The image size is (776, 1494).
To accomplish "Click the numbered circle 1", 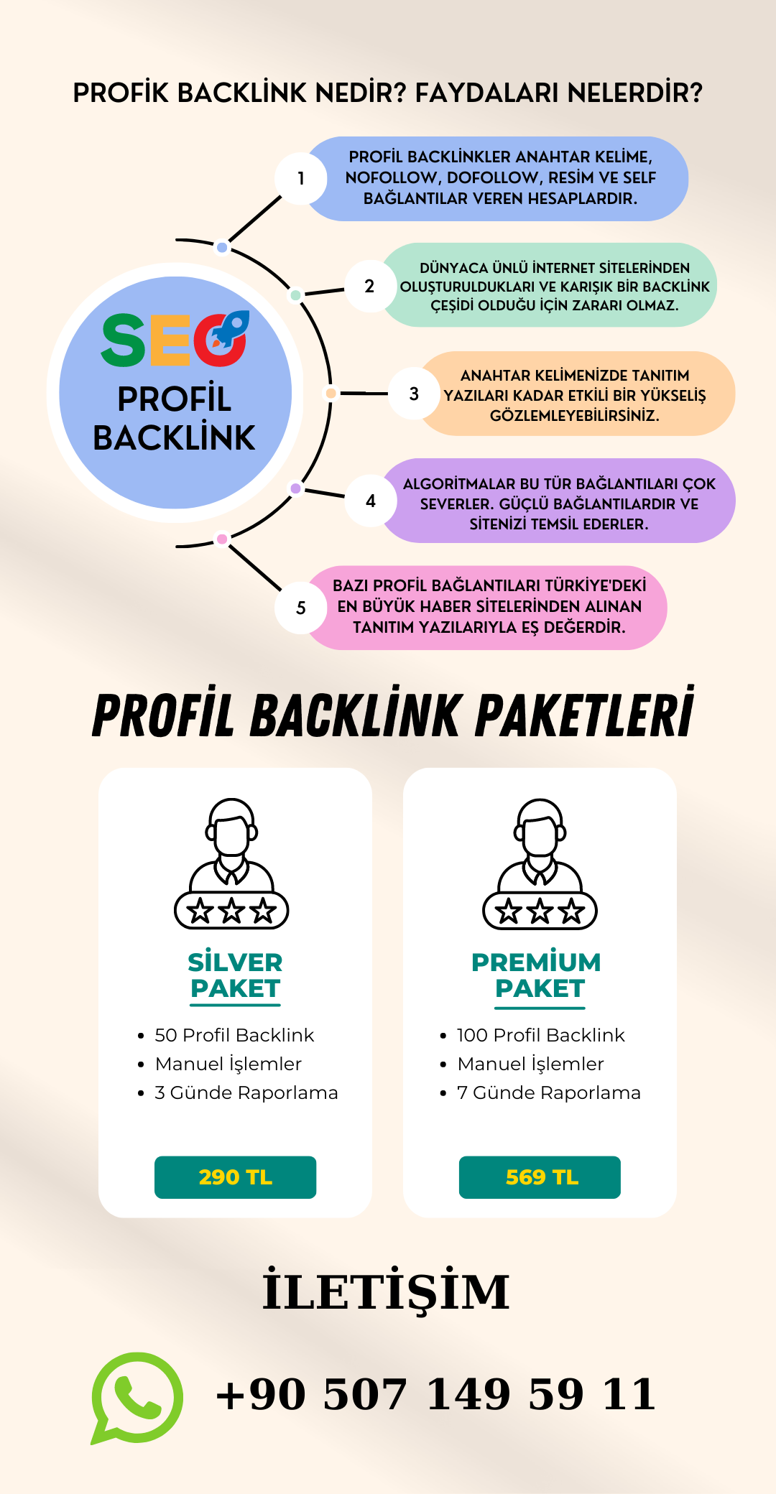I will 301,178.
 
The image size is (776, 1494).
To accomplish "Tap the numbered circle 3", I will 414,394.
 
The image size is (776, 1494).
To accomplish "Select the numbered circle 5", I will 301,608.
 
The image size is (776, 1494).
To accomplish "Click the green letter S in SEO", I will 124,340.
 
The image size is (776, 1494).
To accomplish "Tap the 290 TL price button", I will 235,1177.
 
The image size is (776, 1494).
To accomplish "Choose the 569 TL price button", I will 540,1177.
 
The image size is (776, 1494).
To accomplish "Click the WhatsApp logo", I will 137,1397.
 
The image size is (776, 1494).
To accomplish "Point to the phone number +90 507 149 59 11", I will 436,1395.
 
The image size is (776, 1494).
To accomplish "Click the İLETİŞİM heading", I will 386,1292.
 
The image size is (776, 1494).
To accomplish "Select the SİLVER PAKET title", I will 235,975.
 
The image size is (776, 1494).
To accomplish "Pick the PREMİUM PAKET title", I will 537,975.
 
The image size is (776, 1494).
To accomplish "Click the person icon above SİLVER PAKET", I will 231,862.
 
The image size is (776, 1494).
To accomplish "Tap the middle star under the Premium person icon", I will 540,911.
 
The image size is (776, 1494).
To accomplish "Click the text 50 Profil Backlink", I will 234,1035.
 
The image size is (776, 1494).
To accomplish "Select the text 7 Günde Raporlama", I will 549,1092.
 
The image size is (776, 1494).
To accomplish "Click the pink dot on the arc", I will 222,539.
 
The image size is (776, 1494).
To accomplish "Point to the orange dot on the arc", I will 331,393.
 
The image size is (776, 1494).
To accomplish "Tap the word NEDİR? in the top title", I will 361,93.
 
